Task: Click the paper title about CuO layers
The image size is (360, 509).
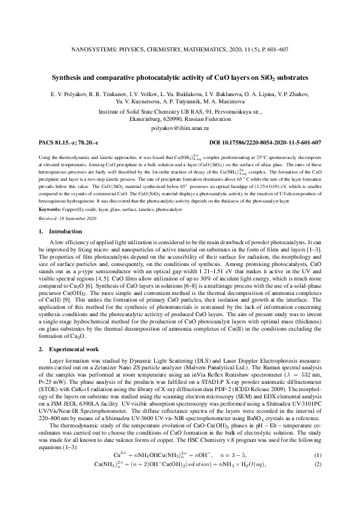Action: tap(180, 78)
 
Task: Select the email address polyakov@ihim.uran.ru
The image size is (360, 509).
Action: tap(180, 128)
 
